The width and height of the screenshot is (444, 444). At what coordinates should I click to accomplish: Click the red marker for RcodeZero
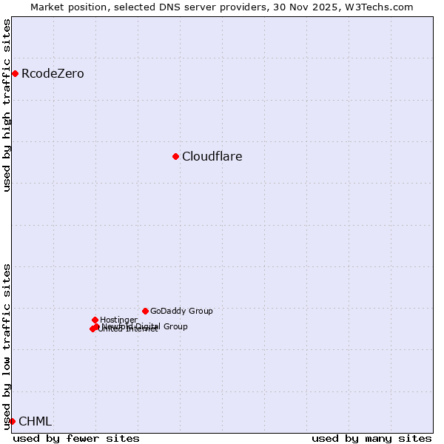[15, 73]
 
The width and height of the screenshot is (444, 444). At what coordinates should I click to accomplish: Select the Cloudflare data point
[175, 156]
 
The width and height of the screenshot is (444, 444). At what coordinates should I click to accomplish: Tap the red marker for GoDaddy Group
[145, 311]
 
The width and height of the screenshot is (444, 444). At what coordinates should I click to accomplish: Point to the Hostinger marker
[95, 320]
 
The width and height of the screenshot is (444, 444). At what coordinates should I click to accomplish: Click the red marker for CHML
[12, 421]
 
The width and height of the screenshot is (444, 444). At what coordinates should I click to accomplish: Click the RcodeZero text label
[53, 73]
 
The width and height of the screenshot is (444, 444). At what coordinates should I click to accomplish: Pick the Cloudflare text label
[212, 156]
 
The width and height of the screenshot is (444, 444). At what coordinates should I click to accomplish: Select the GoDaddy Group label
[181, 311]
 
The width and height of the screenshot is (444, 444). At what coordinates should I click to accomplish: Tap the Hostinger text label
[118, 320]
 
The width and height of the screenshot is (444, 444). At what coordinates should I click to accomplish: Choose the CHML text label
[35, 421]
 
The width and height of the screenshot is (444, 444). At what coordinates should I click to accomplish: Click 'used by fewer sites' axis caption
[76, 438]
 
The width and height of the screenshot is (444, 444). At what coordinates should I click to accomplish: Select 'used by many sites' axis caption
[371, 438]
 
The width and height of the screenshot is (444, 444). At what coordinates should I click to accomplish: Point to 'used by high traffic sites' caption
[7, 105]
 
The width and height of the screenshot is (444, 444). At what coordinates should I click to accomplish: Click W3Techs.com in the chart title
[380, 7]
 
